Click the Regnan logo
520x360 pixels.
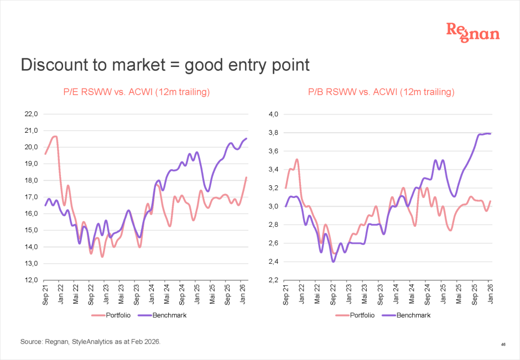(x=472, y=32)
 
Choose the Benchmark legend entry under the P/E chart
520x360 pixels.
(x=167, y=315)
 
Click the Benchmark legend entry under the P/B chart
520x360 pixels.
(x=410, y=315)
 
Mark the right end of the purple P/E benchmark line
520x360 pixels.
(x=246, y=138)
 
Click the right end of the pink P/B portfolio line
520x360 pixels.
(x=490, y=201)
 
